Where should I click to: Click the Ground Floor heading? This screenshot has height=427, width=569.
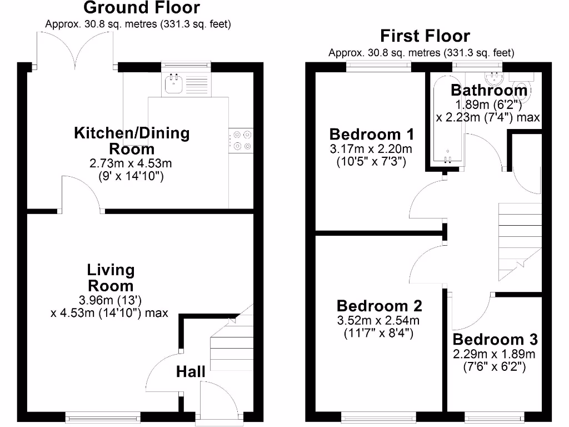tap(141, 8)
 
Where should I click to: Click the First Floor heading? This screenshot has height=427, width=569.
tap(425, 37)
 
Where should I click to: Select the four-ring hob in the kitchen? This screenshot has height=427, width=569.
tap(240, 140)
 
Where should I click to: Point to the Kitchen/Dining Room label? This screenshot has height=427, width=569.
tap(132, 141)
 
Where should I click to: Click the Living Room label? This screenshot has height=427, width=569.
tap(111, 278)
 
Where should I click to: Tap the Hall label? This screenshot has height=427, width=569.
tap(191, 371)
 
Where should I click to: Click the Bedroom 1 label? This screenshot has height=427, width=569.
tap(371, 134)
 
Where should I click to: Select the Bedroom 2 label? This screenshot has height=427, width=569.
tap(379, 306)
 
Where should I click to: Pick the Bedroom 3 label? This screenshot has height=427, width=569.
tap(495, 339)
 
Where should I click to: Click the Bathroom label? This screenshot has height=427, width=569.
tap(488, 90)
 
